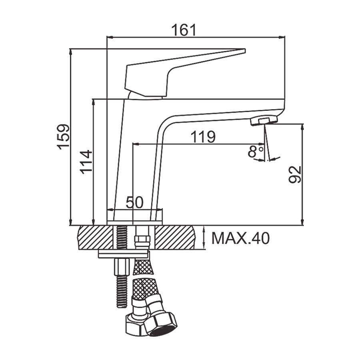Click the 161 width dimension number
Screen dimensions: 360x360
(184, 30)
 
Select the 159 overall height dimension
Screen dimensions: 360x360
(63, 137)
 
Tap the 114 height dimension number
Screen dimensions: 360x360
(86, 162)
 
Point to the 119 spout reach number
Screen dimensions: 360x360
(203, 137)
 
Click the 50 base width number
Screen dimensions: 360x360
(134, 202)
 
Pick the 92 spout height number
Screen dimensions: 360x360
(295, 174)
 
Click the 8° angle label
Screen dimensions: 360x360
(255, 151)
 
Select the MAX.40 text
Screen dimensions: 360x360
(240, 238)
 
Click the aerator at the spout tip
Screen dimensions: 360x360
(264, 120)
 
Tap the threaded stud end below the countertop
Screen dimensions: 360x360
(122, 292)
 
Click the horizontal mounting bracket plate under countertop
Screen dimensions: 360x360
(124, 254)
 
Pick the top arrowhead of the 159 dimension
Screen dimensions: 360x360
(71, 52)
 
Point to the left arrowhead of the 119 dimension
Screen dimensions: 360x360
(136, 144)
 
